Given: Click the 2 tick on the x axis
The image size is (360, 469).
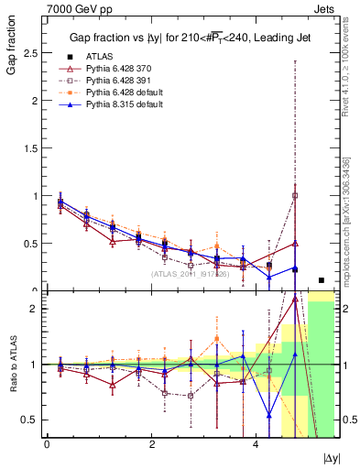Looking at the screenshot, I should pos(151,444).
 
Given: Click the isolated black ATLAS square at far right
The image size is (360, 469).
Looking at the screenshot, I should pos(321,280).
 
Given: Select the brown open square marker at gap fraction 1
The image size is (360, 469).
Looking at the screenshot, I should pos(295,195).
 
